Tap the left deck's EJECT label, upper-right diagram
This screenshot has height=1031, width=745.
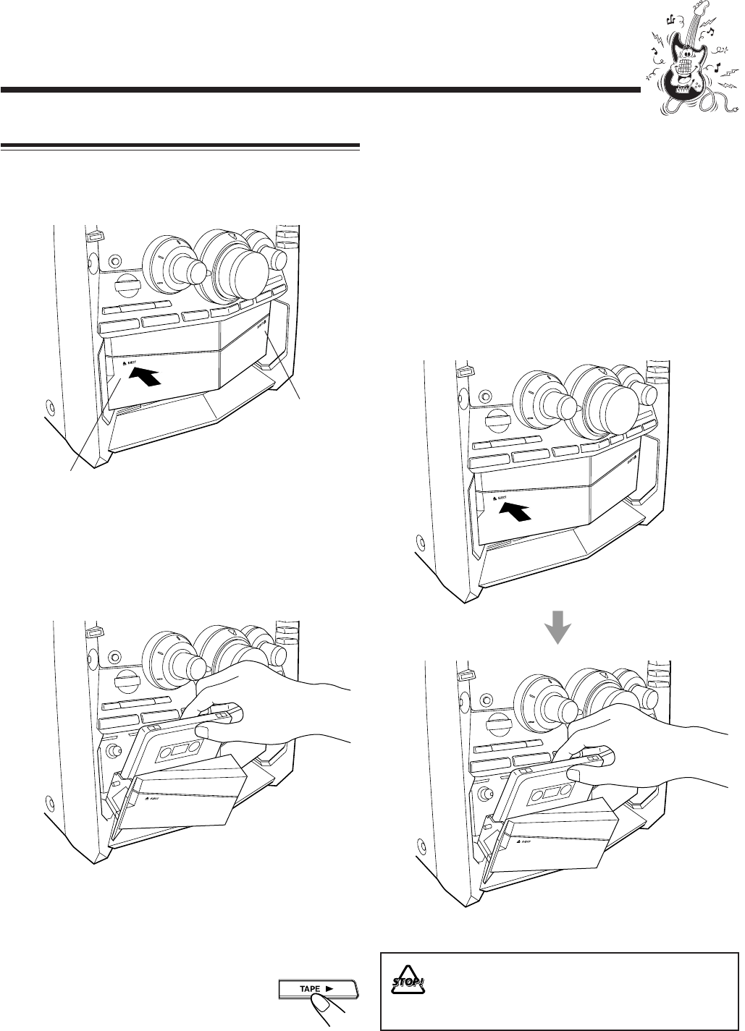click(500, 499)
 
